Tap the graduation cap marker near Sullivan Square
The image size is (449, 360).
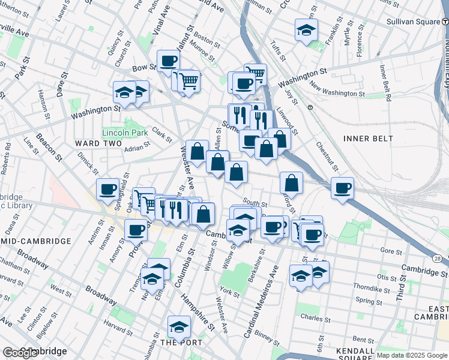point(307,31)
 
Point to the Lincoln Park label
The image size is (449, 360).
point(125,132)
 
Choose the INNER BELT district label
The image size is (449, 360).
point(368,139)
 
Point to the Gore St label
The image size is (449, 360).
point(391,250)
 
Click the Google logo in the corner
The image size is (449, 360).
point(20,353)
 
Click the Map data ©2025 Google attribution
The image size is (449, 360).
point(411,355)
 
